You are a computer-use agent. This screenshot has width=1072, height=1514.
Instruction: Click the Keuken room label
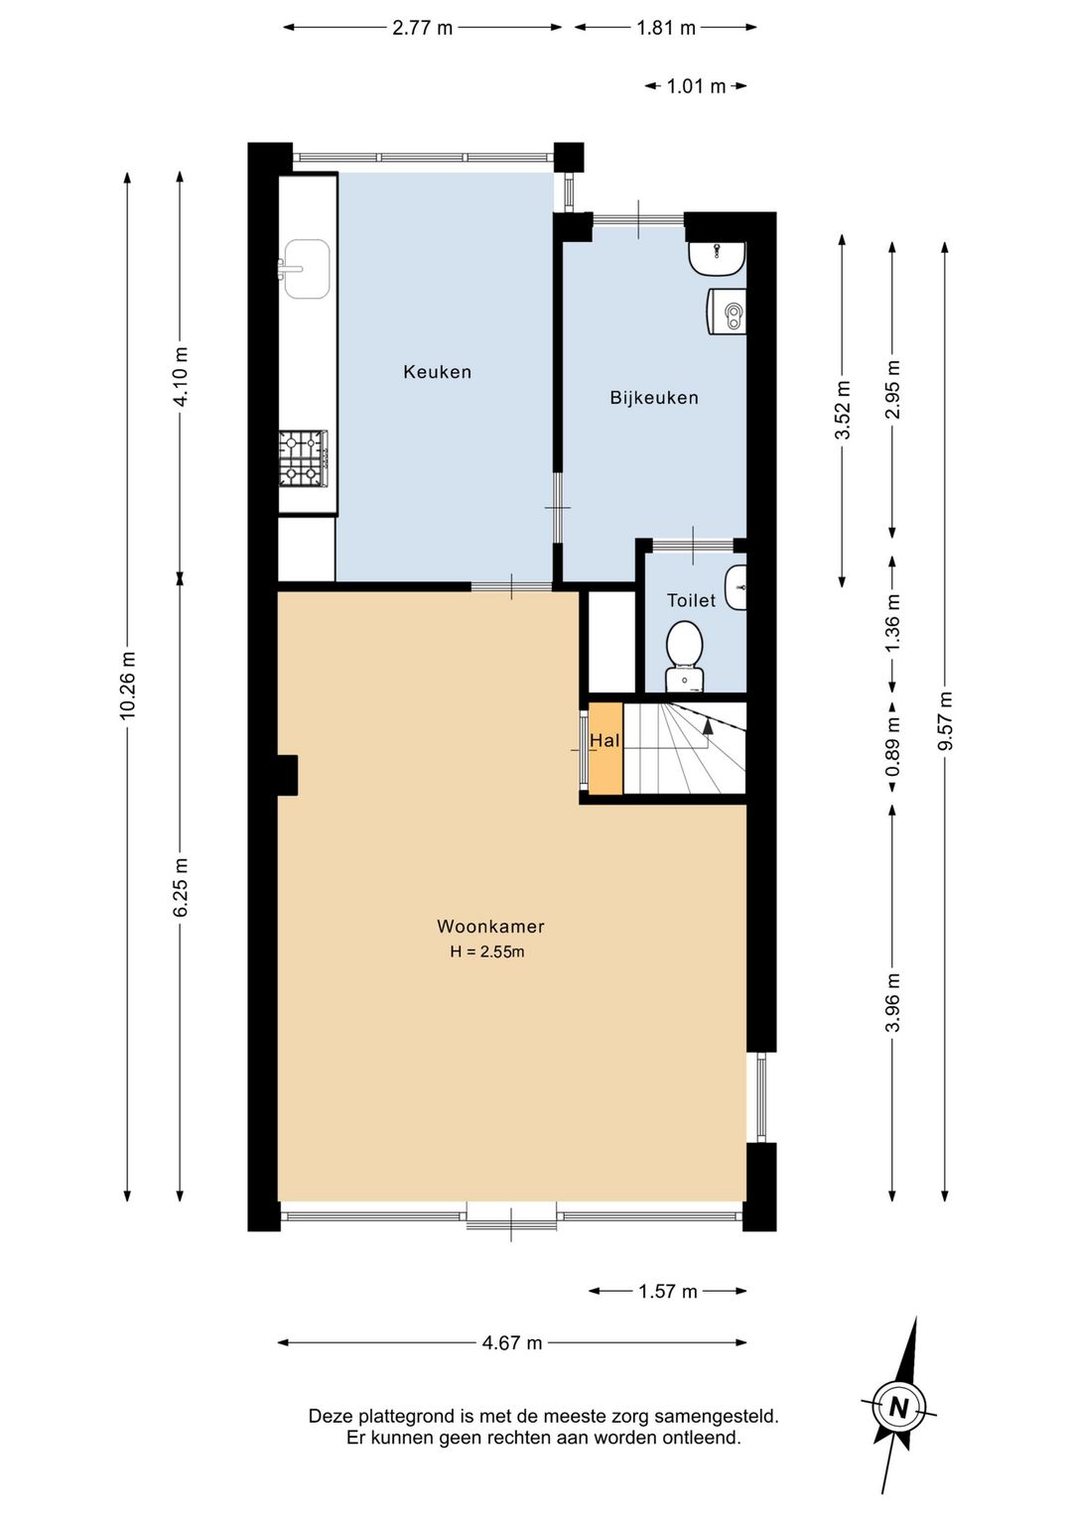[x=437, y=372]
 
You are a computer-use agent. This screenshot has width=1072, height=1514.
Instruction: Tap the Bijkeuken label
[x=654, y=398]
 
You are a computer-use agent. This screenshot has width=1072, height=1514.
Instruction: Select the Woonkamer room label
[x=490, y=926]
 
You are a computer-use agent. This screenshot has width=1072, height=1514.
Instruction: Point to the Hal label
[x=604, y=741]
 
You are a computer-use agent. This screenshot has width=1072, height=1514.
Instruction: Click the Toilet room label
[x=691, y=600]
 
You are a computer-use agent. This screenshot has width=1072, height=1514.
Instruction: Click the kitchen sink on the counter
[x=305, y=269]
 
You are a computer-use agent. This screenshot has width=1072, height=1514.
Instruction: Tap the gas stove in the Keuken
[x=304, y=458]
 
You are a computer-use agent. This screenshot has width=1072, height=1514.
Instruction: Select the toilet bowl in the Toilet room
[x=685, y=657]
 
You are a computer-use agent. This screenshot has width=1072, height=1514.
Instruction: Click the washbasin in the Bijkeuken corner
[x=717, y=259]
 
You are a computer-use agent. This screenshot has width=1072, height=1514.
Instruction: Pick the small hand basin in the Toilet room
[x=736, y=588]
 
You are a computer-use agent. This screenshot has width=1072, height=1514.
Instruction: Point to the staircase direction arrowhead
[x=708, y=726]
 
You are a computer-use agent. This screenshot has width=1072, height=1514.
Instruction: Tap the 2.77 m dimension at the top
[x=422, y=28]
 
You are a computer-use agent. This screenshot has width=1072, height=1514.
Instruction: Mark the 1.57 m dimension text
[x=668, y=1292]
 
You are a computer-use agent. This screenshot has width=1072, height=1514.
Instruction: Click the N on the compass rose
[x=899, y=1408]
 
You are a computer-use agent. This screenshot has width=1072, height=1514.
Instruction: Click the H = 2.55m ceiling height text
[x=487, y=952]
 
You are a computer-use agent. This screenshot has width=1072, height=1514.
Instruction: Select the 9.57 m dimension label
[x=945, y=720]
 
